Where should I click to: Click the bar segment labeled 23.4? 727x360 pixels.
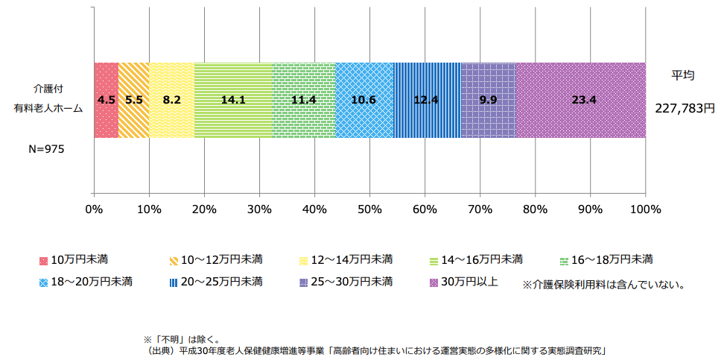point(580,100)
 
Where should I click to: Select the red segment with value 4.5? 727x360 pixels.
point(106,100)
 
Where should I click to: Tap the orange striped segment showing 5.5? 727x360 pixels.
point(133,100)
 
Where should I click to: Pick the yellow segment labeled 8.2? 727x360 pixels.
point(171,100)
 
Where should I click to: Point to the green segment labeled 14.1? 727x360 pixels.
point(233,100)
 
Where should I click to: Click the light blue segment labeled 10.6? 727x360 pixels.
point(364,100)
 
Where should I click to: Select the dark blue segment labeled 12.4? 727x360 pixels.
point(427,100)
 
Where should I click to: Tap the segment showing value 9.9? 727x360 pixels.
point(488,100)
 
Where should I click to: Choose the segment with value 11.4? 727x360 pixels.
point(303,100)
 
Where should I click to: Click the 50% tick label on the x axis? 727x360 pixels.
point(369,209)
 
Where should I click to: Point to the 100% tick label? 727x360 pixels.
point(645,209)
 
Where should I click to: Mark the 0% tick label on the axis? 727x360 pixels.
point(94,209)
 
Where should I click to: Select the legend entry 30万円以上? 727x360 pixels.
point(469,282)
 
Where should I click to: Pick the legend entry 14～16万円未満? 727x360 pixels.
point(481,260)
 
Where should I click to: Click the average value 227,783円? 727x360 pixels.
point(685,109)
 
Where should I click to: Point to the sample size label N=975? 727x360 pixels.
point(46,149)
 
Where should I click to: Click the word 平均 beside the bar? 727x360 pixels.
point(683,75)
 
